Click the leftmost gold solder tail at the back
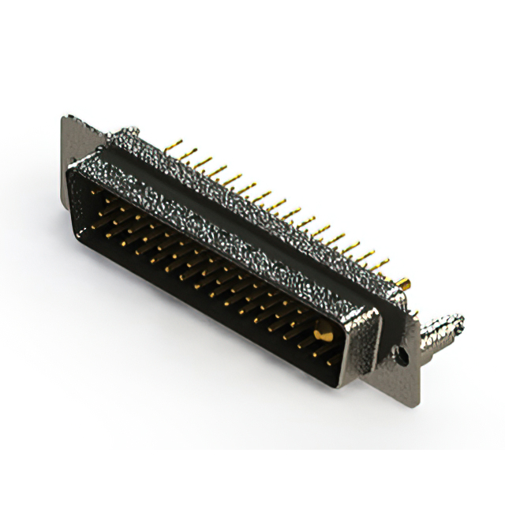(176, 145)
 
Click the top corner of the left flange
(65, 119)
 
